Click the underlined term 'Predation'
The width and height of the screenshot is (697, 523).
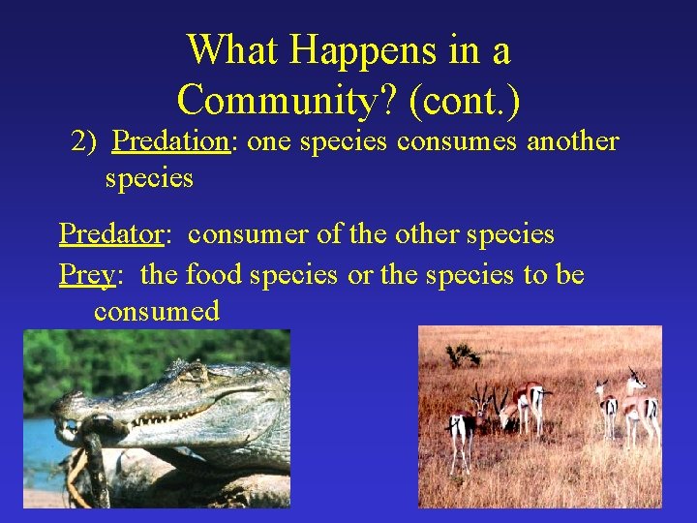point(170,141)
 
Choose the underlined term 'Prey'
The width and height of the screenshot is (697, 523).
point(87,275)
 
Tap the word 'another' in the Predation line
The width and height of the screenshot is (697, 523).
point(572,141)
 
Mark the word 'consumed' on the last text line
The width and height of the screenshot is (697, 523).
point(157,311)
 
